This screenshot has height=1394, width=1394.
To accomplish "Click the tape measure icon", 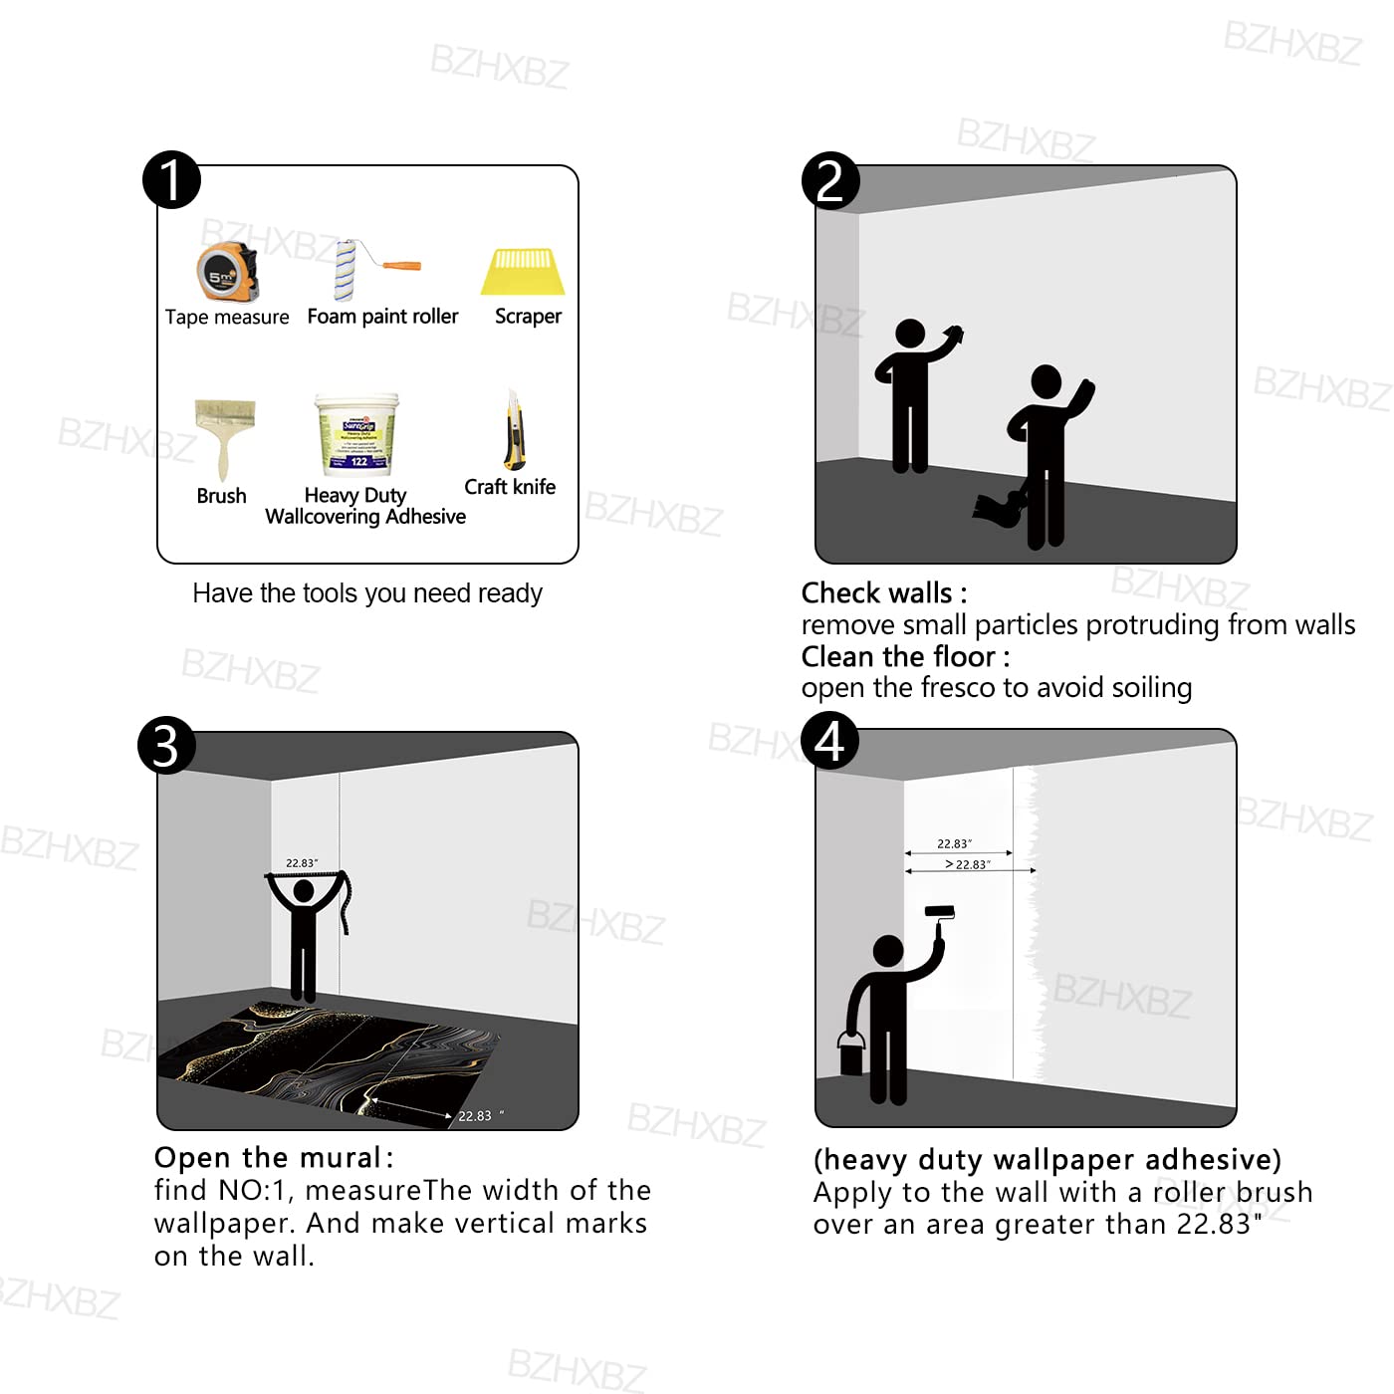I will point(228,271).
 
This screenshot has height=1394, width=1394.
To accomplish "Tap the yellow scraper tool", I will point(524,272).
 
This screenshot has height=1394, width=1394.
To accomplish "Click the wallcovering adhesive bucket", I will point(356,434).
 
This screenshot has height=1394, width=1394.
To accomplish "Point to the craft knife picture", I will point(514,431).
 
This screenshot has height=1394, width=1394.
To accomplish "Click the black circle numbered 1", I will point(171,180).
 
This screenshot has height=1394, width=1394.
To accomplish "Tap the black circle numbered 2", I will point(829,180).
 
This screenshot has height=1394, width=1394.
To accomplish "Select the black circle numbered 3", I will point(166,746).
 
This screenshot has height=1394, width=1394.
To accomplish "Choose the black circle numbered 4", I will point(829,741).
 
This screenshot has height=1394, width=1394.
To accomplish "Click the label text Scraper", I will point(528,317).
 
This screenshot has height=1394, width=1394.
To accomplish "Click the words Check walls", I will point(876,593).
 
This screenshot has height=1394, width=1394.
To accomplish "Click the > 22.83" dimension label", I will point(967,864).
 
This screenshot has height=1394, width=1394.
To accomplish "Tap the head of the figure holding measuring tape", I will point(304,892).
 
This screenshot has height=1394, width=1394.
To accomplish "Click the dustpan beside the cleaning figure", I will point(999,508).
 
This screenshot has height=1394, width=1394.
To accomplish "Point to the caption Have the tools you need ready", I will point(367,593).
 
